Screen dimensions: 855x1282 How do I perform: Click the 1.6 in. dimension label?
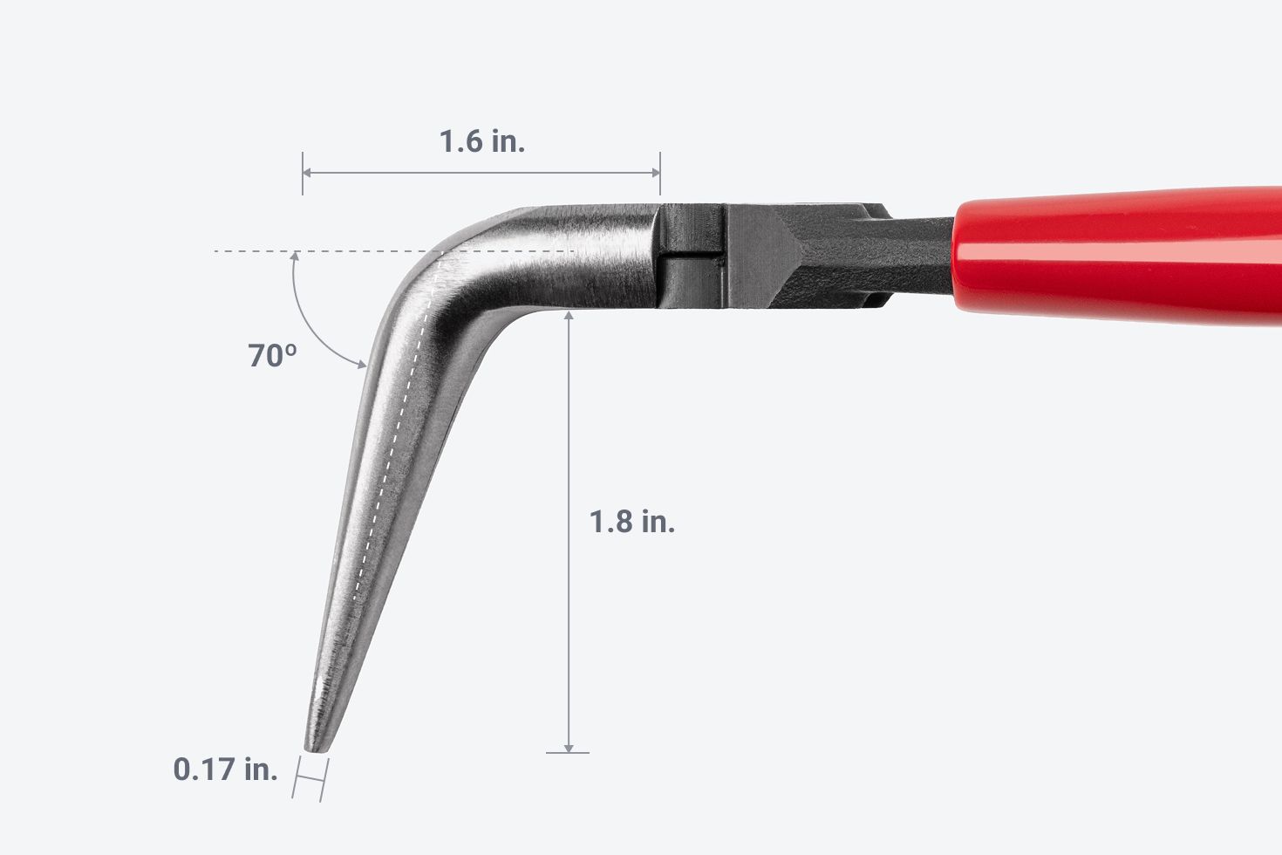[x=481, y=141]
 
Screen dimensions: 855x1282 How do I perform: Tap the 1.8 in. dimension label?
[x=632, y=522]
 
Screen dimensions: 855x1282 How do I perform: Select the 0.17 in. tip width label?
[x=226, y=769]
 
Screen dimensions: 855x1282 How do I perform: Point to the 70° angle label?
[x=272, y=356]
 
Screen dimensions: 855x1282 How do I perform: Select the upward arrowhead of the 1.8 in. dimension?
[x=569, y=316]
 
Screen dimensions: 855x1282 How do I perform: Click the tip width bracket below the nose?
[x=310, y=778]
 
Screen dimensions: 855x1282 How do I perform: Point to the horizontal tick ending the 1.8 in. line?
[x=568, y=752]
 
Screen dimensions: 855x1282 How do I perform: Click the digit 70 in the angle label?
[x=263, y=356]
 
